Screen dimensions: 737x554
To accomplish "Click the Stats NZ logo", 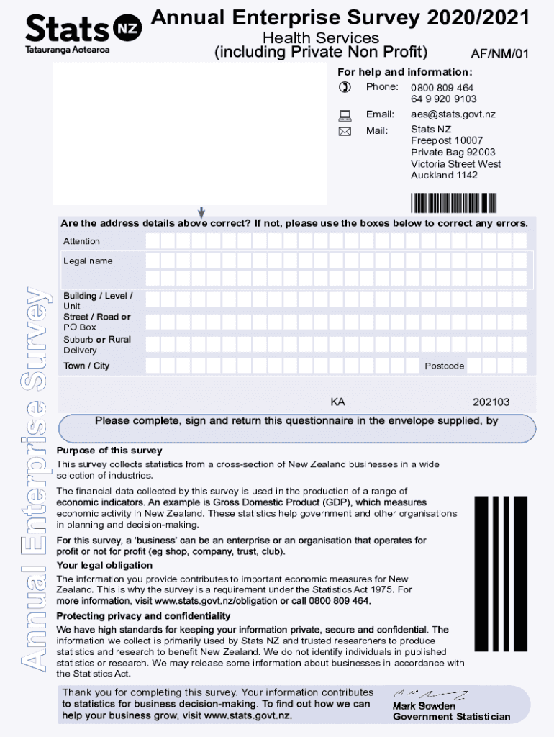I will [x=83, y=32].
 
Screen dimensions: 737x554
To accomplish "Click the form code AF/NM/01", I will [x=499, y=53].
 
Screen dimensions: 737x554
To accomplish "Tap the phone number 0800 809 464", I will [x=442, y=88].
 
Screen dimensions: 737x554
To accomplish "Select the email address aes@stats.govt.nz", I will [x=453, y=114].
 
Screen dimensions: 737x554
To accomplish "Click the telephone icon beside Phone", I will [x=345, y=88].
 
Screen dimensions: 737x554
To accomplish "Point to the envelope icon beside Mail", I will [x=345, y=132].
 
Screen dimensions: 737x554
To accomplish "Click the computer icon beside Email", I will [x=345, y=115].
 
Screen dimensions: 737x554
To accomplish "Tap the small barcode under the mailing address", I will [x=453, y=203].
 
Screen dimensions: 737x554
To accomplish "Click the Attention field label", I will [x=81, y=241].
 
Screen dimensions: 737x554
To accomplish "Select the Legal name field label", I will [x=88, y=261].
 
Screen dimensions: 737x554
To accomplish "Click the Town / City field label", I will [x=86, y=366].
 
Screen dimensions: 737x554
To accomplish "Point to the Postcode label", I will [x=444, y=366].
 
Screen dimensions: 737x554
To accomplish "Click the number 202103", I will [x=491, y=402].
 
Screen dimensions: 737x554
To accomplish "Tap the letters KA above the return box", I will [x=337, y=402].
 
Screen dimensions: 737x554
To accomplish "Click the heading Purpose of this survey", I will [x=109, y=451].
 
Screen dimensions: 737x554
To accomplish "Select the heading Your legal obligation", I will [x=104, y=565].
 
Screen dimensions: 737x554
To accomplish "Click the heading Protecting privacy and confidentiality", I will [x=143, y=616].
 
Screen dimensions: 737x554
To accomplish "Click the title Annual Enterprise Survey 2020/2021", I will [x=340, y=18].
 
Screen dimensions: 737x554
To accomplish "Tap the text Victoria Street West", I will [x=455, y=164].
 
